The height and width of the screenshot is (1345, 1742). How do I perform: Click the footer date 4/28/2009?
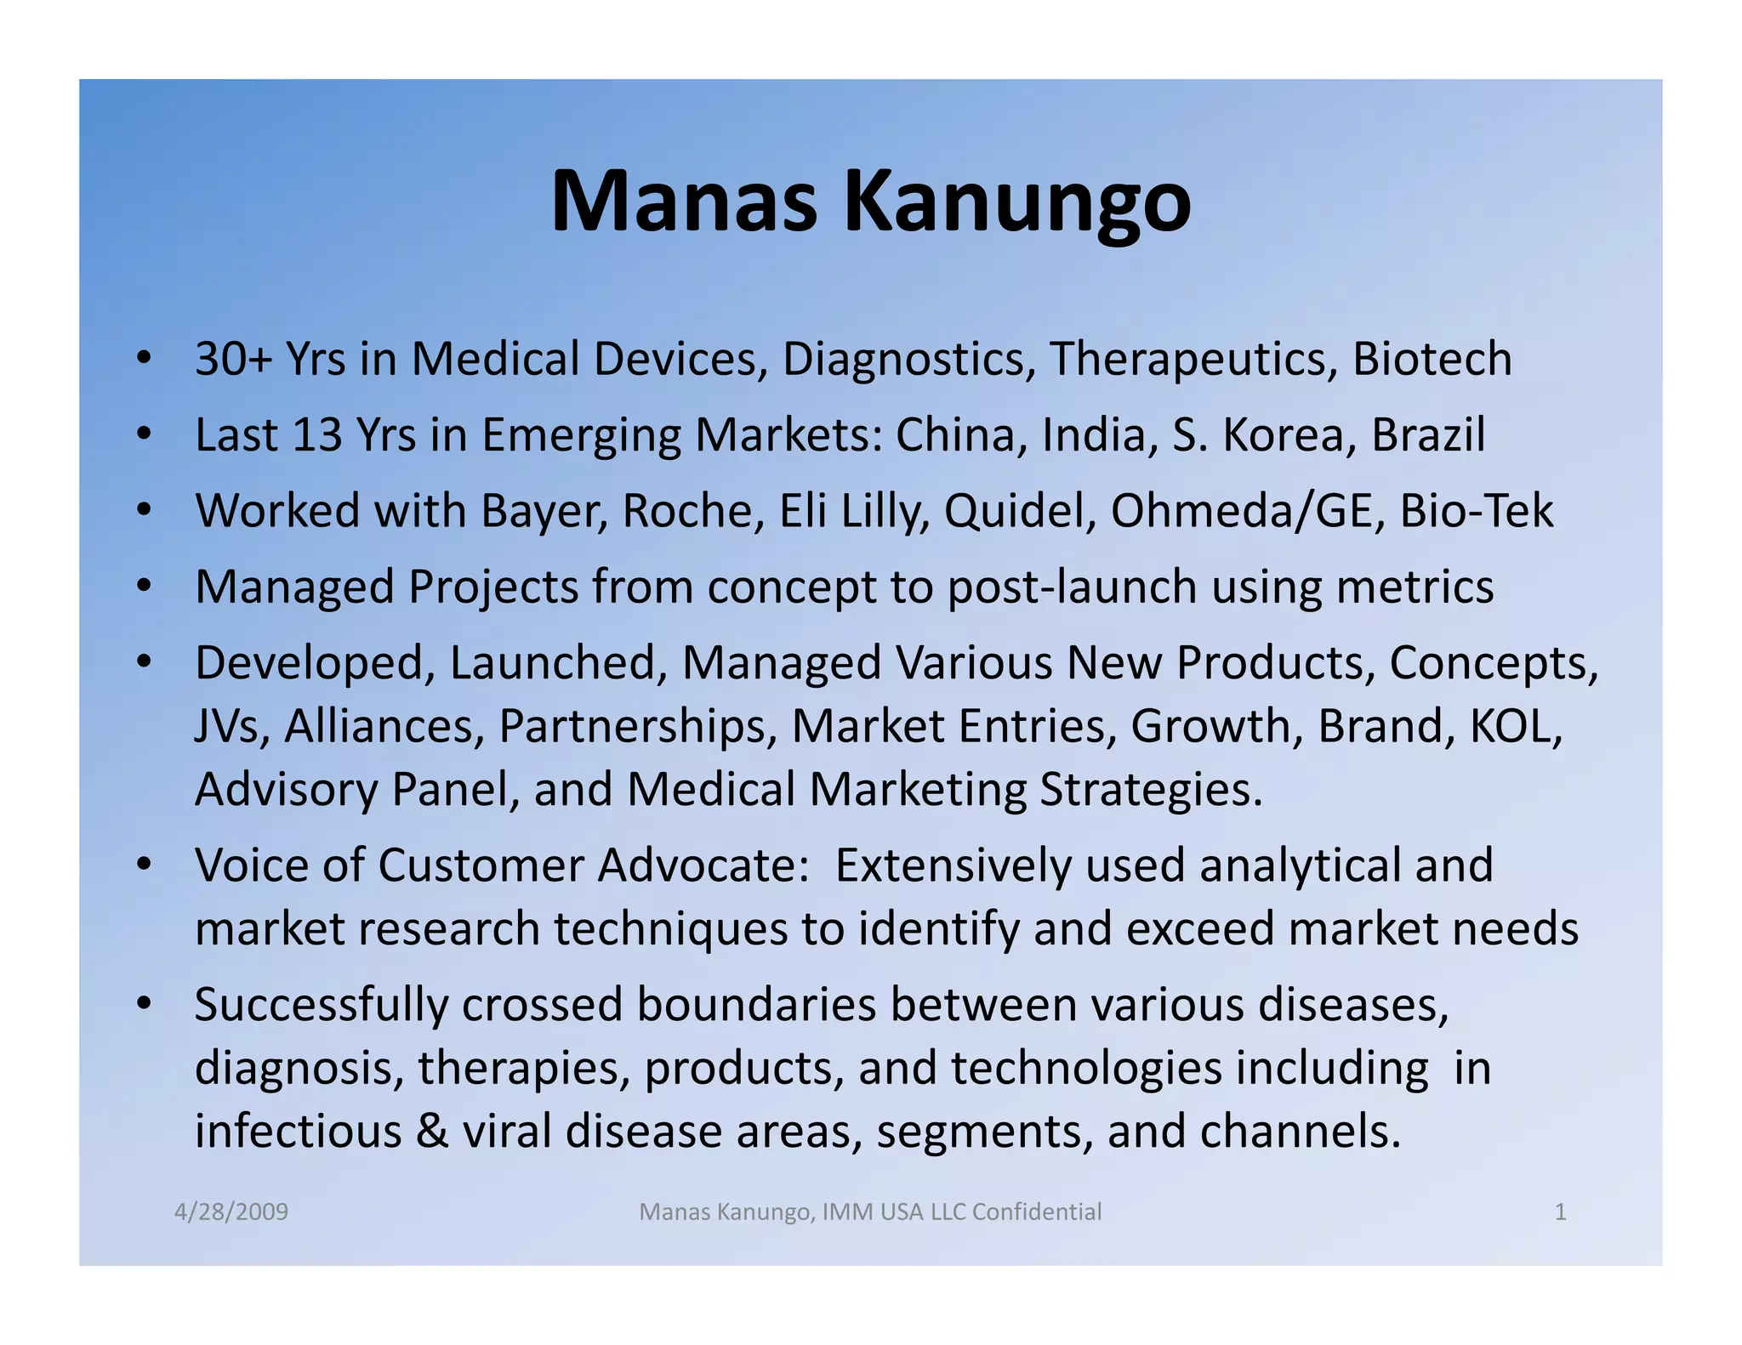(231, 1212)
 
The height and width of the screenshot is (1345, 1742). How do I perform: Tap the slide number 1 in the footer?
(1560, 1212)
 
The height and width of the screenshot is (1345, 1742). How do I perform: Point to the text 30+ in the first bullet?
(233, 359)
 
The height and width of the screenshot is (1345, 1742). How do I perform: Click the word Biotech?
(1432, 359)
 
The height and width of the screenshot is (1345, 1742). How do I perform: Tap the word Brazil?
(1428, 435)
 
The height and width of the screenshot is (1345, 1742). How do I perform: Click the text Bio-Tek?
(1477, 512)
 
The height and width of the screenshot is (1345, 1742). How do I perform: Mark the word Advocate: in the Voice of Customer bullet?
(703, 866)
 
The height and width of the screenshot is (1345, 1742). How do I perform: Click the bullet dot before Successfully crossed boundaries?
(144, 1005)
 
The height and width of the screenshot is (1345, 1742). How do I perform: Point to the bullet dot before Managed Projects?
(144, 587)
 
